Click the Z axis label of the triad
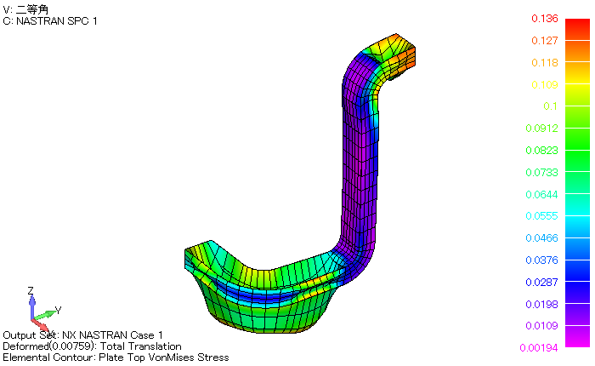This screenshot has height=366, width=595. tap(30, 291)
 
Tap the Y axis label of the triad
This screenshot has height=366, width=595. tap(57, 310)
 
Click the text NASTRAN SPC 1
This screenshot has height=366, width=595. tap(56, 20)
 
